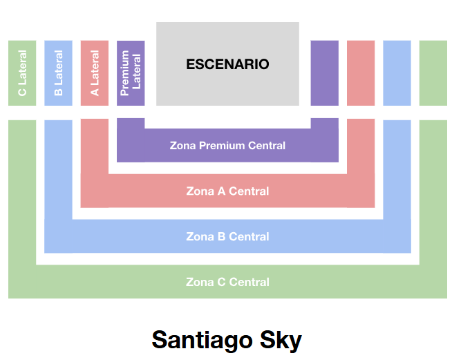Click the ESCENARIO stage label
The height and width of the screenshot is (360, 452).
pyautogui.click(x=227, y=64)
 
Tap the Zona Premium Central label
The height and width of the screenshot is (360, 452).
pyautogui.click(x=227, y=146)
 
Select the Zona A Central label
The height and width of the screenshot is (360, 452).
pyautogui.click(x=227, y=191)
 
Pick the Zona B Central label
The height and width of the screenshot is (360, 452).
pyautogui.click(x=227, y=237)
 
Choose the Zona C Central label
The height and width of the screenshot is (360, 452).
pyautogui.click(x=227, y=283)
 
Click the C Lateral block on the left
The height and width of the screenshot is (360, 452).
pyautogui.click(x=22, y=73)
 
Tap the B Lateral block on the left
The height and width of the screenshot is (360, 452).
pyautogui.click(x=58, y=73)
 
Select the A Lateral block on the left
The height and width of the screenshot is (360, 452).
pyautogui.click(x=95, y=73)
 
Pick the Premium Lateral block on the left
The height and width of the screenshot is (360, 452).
pyautogui.click(x=131, y=73)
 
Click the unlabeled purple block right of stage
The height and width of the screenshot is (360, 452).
pyautogui.click(x=324, y=73)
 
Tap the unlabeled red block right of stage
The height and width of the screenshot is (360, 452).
pyautogui.click(x=360, y=73)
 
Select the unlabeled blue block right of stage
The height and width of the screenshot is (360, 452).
pyautogui.click(x=397, y=73)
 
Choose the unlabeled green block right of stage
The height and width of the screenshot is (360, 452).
pyautogui.click(x=433, y=73)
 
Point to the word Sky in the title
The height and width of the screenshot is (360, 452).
pyautogui.click(x=281, y=340)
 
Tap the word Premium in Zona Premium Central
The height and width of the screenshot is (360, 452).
pyautogui.click(x=221, y=146)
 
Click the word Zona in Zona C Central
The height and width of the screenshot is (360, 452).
pyautogui.click(x=198, y=283)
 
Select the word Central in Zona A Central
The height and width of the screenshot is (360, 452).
pyautogui.click(x=249, y=191)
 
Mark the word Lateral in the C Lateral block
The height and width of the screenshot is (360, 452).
pyautogui.click(x=22, y=67)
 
